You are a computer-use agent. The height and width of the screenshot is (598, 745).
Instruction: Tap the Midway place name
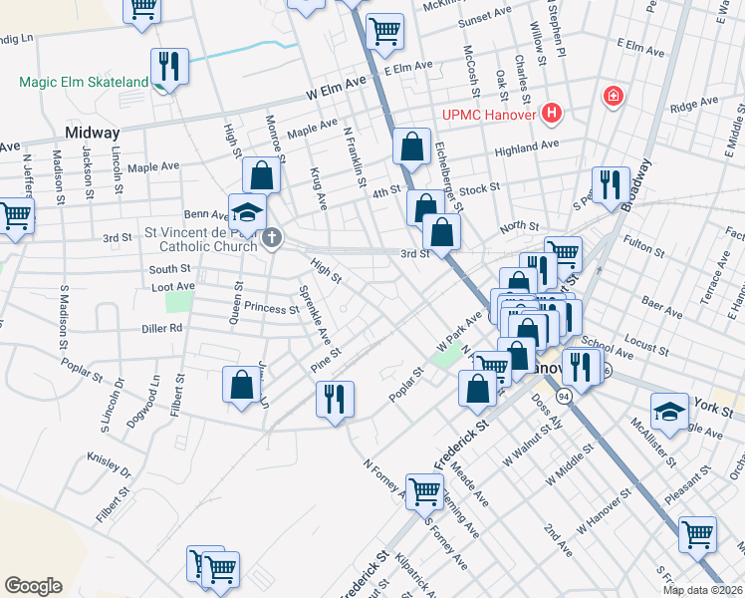(92, 133)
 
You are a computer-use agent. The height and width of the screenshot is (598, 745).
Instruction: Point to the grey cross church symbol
(272, 238)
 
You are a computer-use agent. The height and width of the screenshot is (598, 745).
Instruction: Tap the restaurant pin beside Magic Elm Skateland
(169, 68)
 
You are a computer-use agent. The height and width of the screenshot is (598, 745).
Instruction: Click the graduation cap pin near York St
(669, 411)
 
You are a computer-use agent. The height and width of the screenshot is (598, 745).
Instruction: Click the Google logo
(33, 585)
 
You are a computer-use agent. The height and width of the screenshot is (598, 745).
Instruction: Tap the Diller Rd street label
(162, 327)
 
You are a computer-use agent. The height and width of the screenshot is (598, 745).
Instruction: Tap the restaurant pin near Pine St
(335, 400)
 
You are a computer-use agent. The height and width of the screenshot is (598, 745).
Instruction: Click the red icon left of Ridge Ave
(614, 97)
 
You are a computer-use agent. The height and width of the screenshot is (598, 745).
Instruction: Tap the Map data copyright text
(702, 590)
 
